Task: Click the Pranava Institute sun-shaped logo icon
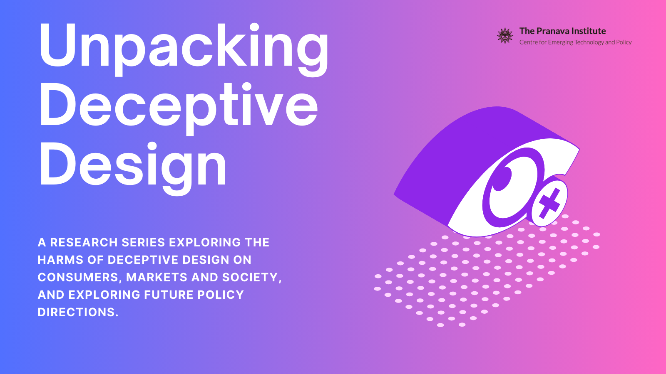(505, 36)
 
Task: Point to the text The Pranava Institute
(562, 31)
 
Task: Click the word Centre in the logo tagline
(528, 42)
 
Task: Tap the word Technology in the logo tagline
(589, 42)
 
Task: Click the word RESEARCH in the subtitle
(84, 242)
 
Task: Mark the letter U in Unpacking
(57, 46)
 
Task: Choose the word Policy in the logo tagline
(624, 42)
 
